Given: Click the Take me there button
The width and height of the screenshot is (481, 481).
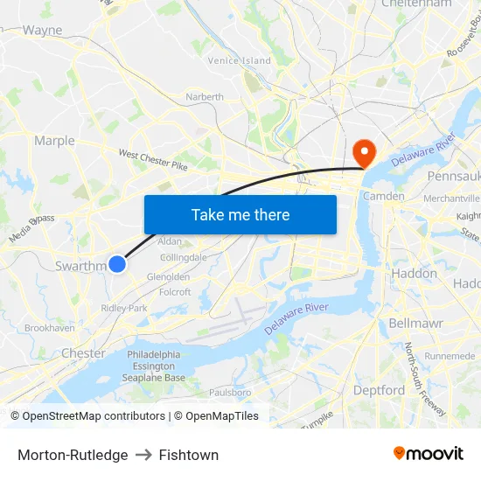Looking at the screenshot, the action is pos(240,214).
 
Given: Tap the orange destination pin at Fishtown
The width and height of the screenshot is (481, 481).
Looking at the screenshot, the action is pos(363,152).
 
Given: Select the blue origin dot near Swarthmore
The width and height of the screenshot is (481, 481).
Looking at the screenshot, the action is pos(117,263).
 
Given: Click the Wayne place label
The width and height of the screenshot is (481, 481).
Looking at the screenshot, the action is pos(42,30).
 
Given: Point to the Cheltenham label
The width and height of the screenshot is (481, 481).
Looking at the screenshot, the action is pos(417,4).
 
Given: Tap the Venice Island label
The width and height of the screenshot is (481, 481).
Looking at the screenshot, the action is pos(240,60).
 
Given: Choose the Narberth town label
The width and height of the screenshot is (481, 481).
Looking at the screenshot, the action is pos(204,97).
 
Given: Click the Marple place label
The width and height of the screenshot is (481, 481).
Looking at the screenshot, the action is pos(54,140).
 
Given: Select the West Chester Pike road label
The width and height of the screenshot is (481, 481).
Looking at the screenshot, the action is pos(153,159).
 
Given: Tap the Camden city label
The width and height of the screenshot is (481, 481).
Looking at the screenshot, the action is pos(383,196).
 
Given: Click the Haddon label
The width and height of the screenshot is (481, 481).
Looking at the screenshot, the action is pos(413,273).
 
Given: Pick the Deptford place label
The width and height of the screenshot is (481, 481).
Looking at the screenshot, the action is pos(379,390).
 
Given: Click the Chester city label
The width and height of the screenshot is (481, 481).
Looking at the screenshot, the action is pos(83,353).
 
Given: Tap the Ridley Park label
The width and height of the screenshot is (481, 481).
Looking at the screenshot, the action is pos(124,308).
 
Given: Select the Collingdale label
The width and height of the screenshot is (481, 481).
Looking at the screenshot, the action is pos(184,257).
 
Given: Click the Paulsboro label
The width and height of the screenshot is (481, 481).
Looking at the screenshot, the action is pos(230,393).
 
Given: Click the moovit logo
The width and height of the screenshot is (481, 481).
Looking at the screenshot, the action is pos(429,454).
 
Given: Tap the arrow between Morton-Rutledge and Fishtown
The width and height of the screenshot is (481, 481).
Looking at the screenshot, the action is pos(143,455).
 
